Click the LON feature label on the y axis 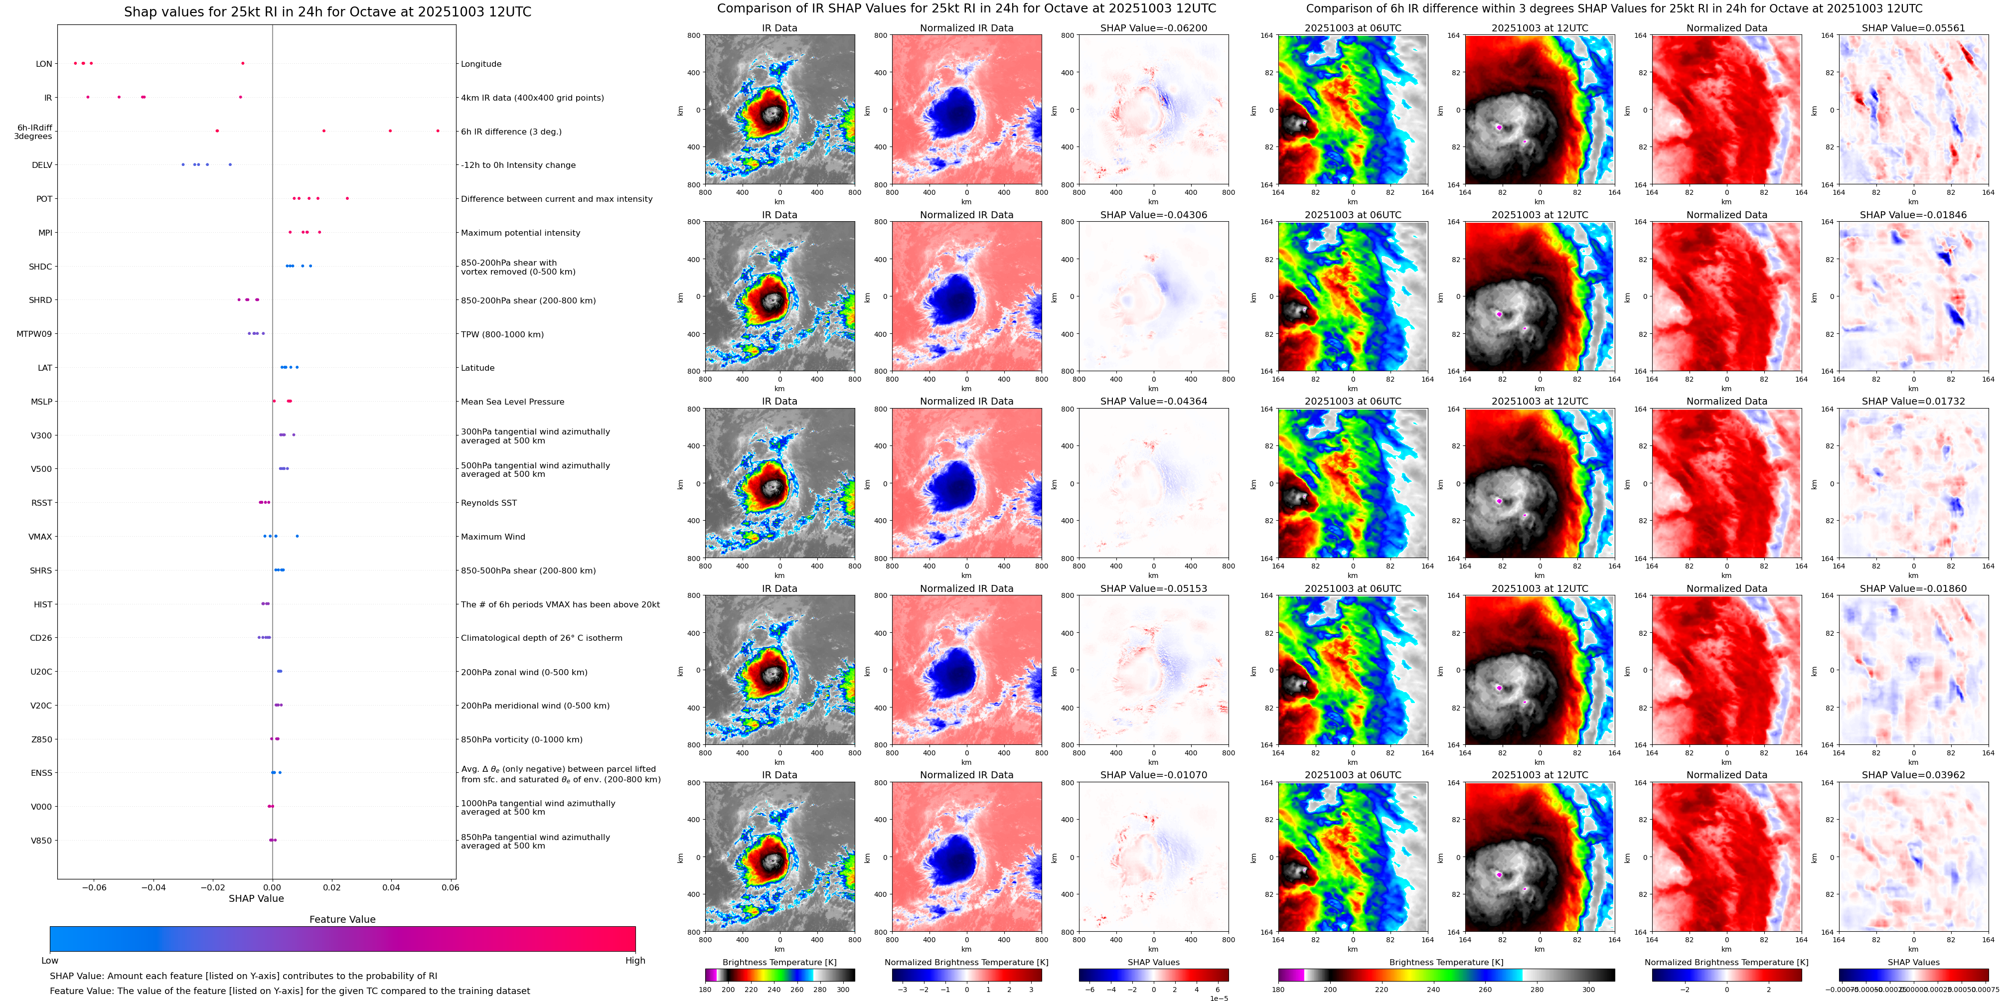[44, 64]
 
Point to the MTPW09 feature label [34, 334]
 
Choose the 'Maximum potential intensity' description [520, 233]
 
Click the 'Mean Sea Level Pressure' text [513, 402]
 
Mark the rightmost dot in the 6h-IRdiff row [438, 131]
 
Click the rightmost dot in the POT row [347, 198]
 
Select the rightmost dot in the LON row [242, 63]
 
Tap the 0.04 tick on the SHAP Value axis [391, 887]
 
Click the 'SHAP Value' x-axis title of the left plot [256, 898]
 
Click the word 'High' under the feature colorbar [635, 961]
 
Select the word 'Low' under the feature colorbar [50, 961]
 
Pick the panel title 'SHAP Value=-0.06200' [1154, 28]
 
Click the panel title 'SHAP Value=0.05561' [1913, 28]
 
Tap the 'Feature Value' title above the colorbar [342, 919]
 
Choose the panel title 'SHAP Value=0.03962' [1913, 775]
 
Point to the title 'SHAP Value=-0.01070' [1154, 775]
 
